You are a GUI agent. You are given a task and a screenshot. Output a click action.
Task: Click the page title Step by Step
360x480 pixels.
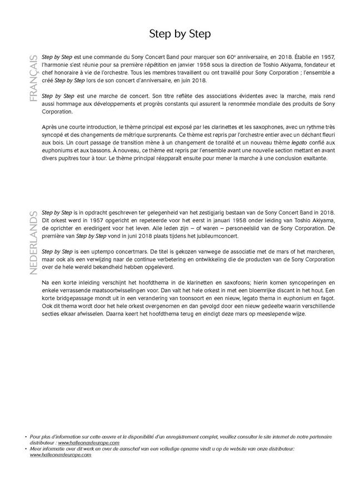coord(180,34)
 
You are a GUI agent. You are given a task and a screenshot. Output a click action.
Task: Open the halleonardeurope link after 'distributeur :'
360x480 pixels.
coord(88,443)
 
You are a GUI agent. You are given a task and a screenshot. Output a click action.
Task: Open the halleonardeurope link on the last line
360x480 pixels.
coord(61,455)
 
